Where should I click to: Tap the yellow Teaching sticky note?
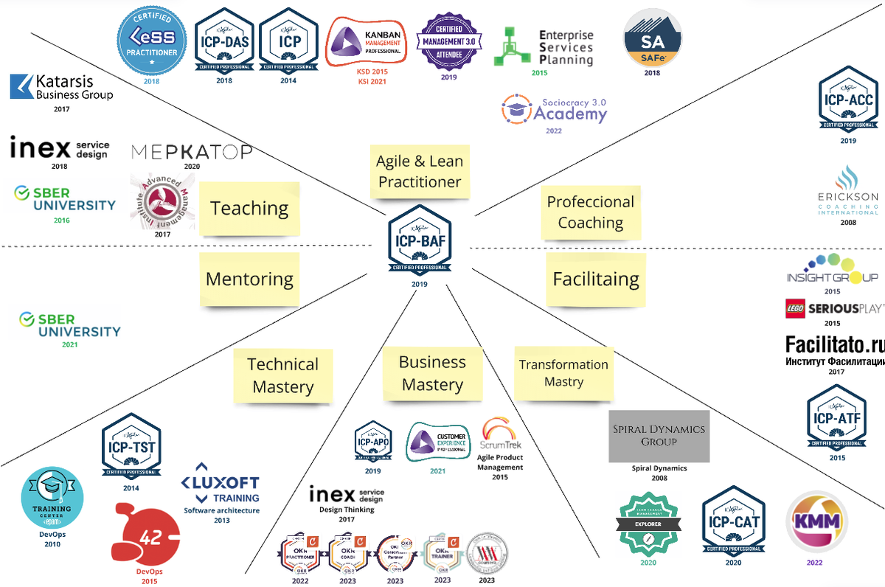[x=250, y=209]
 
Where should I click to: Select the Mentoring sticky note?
[x=249, y=279]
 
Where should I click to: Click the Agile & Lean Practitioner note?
[x=419, y=172]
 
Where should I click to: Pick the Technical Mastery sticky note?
[x=283, y=375]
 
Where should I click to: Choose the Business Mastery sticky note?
[x=432, y=373]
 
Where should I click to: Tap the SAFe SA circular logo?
[x=653, y=38]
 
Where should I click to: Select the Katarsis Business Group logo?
[x=62, y=87]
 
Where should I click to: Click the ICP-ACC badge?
[x=848, y=100]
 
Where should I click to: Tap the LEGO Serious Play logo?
[x=834, y=309]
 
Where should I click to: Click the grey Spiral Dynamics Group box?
[x=659, y=437]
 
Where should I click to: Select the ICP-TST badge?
[x=131, y=446]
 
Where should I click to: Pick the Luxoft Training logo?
[x=221, y=490]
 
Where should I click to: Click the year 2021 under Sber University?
[x=69, y=344]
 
